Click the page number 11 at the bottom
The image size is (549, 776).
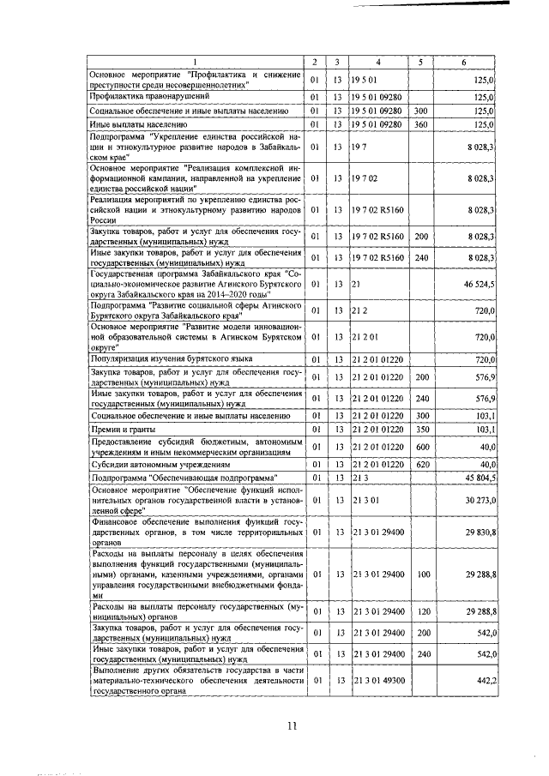pyautogui.click(x=291, y=726)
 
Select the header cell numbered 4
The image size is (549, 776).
pyautogui.click(x=378, y=63)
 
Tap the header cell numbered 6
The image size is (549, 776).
pyautogui.click(x=464, y=63)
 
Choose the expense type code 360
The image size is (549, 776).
pyautogui.click(x=419, y=124)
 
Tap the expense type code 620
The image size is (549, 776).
pyautogui.click(x=419, y=463)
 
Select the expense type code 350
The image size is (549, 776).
pyautogui.click(x=419, y=428)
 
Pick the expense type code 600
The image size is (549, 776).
pyautogui.click(x=419, y=446)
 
